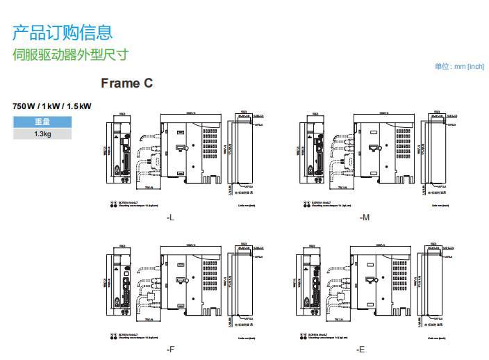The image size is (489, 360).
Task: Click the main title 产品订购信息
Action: tap(63, 32)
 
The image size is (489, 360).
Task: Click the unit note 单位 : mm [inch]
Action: tap(458, 67)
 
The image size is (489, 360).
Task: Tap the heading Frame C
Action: tap(126, 83)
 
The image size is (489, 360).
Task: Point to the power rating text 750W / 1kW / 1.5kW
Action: tap(52, 106)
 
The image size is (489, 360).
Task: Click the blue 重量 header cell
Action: tap(42, 122)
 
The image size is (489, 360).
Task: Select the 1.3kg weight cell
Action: tap(42, 134)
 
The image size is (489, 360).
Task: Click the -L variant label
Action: tap(170, 218)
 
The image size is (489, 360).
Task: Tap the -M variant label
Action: tap(365, 218)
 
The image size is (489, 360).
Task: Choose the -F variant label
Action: tap(170, 349)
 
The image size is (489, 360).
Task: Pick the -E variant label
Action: tap(361, 349)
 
